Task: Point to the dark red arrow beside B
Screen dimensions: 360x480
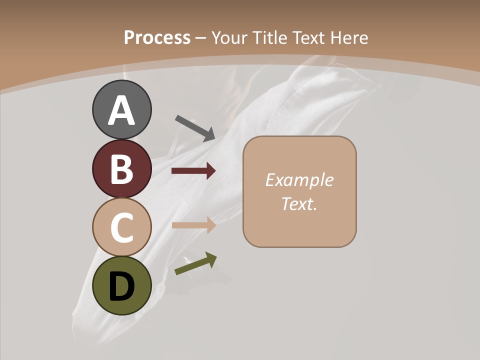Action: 193,171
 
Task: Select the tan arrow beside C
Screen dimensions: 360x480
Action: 193,225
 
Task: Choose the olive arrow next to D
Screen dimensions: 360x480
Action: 195,263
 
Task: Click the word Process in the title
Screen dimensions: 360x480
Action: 157,37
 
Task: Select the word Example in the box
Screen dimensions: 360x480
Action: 299,180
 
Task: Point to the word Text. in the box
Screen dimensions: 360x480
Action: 299,203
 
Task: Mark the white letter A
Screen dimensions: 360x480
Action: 121,111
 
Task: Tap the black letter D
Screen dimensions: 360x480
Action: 121,286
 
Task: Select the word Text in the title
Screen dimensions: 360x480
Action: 309,37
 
